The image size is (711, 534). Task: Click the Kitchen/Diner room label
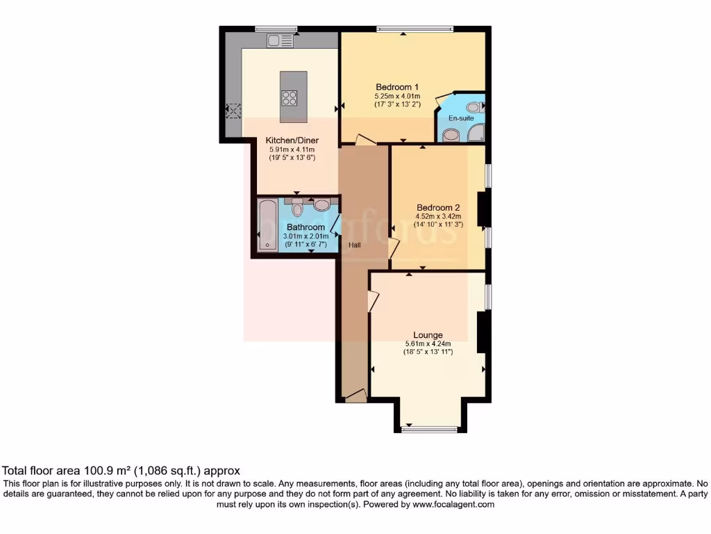click(292, 140)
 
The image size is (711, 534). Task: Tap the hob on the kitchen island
click(290, 98)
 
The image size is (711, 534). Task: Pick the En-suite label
click(460, 118)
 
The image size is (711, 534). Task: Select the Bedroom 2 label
click(438, 207)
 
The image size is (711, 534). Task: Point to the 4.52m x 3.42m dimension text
click(438, 216)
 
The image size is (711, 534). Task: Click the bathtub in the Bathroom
click(267, 225)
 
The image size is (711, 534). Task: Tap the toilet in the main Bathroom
click(297, 209)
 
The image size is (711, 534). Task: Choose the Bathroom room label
click(306, 227)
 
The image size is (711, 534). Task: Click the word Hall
click(355, 245)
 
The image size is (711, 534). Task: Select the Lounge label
click(428, 334)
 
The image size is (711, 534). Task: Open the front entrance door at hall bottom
click(355, 396)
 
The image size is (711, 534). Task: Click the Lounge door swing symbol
click(374, 301)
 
